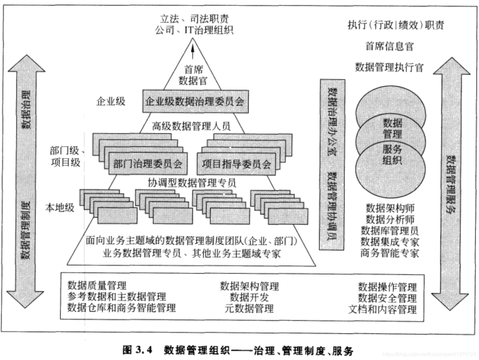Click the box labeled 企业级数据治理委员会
pos(194,101)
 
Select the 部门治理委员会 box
pos(148,164)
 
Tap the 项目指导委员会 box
pos(236,164)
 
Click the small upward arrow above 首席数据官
pos(193,52)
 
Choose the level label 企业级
pos(111,101)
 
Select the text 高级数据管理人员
pos(192,126)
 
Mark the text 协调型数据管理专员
pos(192,182)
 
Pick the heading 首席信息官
pos(389,46)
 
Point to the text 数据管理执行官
pos(389,67)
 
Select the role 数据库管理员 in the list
pos(389,230)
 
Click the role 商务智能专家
pos(389,253)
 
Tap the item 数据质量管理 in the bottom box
pos(97,285)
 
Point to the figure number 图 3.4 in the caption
pos(137,350)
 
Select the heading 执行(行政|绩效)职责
pos(395,25)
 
